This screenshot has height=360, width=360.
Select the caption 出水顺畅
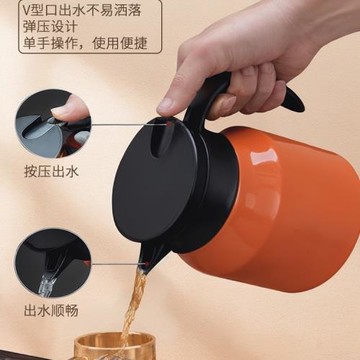pyautogui.click(x=50, y=307)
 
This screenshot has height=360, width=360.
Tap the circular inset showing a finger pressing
pyautogui.click(x=53, y=120)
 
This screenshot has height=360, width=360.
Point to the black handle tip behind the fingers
pyautogui.click(x=292, y=97)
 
